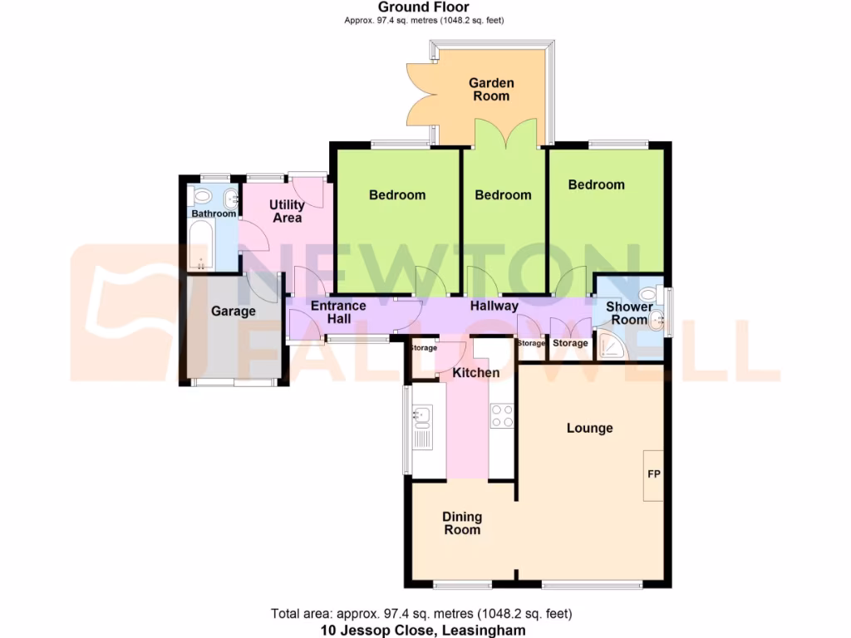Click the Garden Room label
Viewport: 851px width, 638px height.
tap(491, 90)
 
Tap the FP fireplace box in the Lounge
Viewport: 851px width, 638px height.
tap(654, 474)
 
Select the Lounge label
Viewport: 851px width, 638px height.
tap(589, 429)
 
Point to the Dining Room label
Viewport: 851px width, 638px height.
tap(462, 523)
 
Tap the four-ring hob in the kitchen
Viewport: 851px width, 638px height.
tap(501, 415)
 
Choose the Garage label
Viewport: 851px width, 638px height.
tap(233, 312)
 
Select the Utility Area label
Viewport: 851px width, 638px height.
tap(287, 211)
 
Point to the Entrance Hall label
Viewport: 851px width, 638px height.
tap(338, 312)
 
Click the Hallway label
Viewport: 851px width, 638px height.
tap(494, 307)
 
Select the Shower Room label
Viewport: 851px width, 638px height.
tap(628, 313)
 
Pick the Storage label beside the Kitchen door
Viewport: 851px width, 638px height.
tap(424, 348)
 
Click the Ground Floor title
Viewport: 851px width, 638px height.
tap(425, 7)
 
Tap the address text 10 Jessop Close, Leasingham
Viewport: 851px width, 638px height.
tap(423, 631)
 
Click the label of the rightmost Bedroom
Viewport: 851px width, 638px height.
tap(596, 184)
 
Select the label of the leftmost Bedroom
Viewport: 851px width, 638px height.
tap(397, 195)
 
